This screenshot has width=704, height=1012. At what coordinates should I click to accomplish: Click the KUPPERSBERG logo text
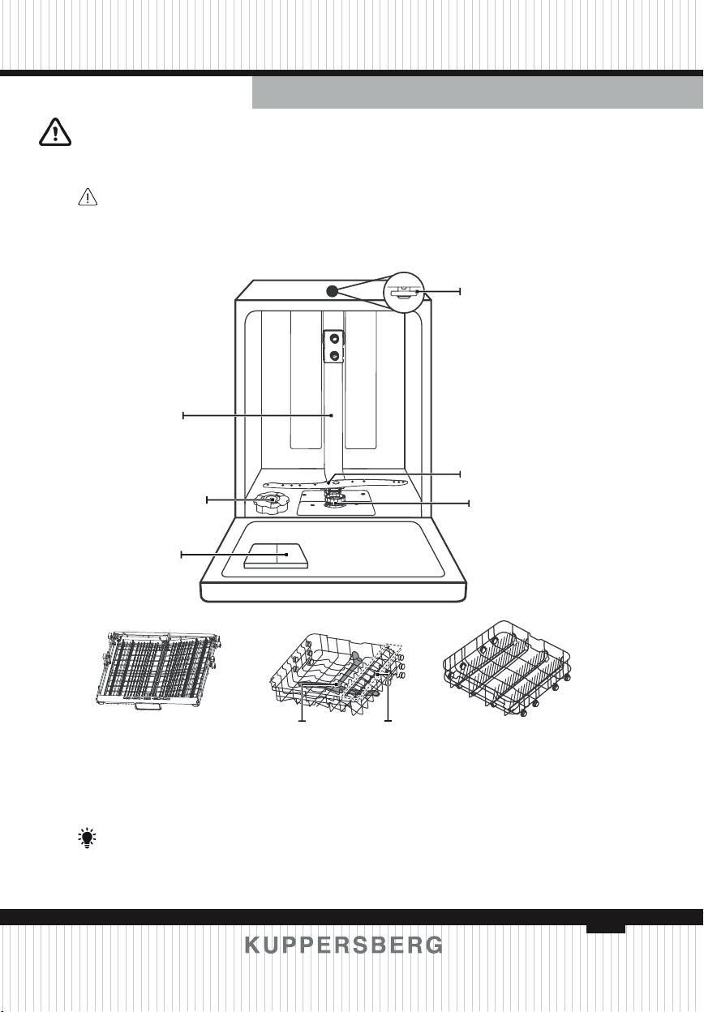coord(344,945)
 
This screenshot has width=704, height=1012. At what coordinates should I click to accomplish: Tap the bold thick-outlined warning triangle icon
coord(54,132)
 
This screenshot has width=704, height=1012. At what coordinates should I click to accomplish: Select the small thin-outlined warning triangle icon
coord(88,197)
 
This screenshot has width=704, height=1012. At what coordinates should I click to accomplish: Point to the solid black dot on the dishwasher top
coord(332,291)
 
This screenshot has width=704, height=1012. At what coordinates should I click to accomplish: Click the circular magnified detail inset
coord(404,292)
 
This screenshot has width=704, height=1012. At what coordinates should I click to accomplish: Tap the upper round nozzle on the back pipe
coord(334,338)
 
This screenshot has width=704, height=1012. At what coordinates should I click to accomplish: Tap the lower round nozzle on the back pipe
coord(334,355)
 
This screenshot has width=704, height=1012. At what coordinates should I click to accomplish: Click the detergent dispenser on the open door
coord(276,555)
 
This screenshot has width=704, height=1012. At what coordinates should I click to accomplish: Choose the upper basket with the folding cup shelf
coord(337,674)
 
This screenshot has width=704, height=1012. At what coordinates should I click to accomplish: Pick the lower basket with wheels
coord(507,669)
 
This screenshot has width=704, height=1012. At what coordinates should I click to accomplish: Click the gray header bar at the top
coord(478,92)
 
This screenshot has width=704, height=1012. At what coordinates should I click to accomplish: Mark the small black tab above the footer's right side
coord(606,928)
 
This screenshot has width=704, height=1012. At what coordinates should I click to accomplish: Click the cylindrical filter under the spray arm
coord(333,499)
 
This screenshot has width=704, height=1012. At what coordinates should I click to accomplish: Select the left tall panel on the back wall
coord(305,379)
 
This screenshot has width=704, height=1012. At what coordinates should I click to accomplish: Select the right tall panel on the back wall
coord(360,379)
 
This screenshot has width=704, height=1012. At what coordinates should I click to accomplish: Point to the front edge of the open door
coord(333,592)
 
